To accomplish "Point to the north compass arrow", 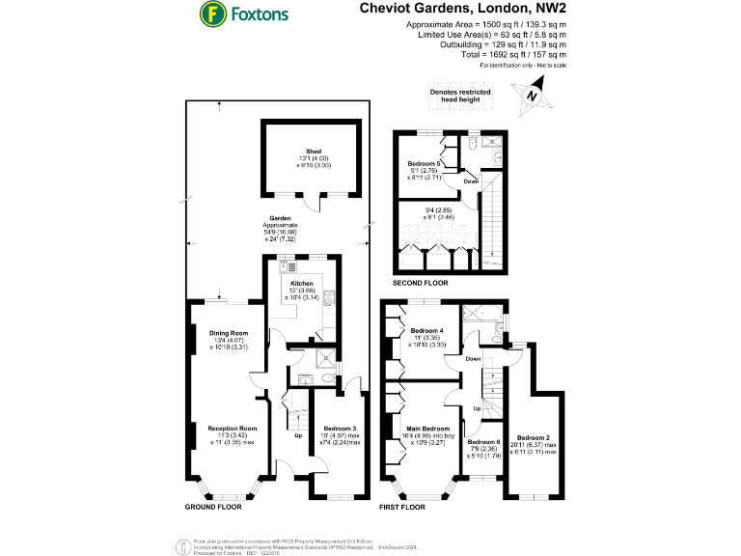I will pos(530,97).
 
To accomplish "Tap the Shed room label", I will pos(314,152).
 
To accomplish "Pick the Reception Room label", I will pos(232,428).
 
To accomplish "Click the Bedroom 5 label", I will pos(425,164).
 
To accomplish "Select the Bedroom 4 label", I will pos(425,331).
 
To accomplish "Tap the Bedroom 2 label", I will pos(533,437).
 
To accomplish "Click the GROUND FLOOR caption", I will pos(212,506).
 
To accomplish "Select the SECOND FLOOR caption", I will pos(420,283).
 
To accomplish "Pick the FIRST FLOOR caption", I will pos(401,506).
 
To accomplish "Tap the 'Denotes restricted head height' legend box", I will pos(459,95).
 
